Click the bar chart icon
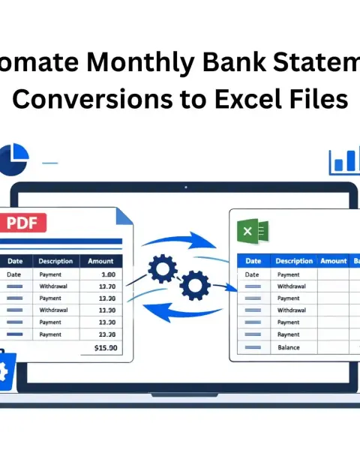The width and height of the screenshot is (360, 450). click(346, 160)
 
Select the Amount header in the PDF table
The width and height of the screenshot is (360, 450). click(100, 261)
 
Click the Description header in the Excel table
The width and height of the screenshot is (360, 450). click(293, 261)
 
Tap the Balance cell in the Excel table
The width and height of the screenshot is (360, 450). click(288, 347)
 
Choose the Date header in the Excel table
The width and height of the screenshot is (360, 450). click(253, 261)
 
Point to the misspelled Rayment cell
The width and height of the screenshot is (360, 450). click(288, 334)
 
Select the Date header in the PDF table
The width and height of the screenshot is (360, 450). click(14, 261)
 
